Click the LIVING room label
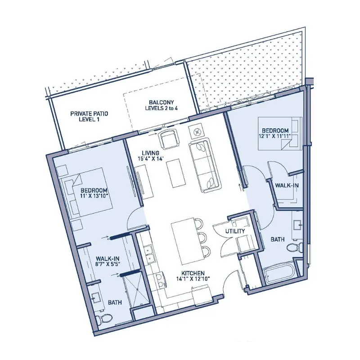(150, 153)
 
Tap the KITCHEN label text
(193, 273)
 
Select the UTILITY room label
(235, 231)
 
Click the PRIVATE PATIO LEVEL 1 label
(89, 117)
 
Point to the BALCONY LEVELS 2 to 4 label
(162, 105)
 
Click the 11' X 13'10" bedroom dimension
(94, 196)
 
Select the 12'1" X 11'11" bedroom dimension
(273, 136)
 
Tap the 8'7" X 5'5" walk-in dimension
(108, 264)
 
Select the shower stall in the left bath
(135, 290)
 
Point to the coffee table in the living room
(176, 174)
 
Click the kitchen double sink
(149, 254)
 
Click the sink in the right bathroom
(297, 225)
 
